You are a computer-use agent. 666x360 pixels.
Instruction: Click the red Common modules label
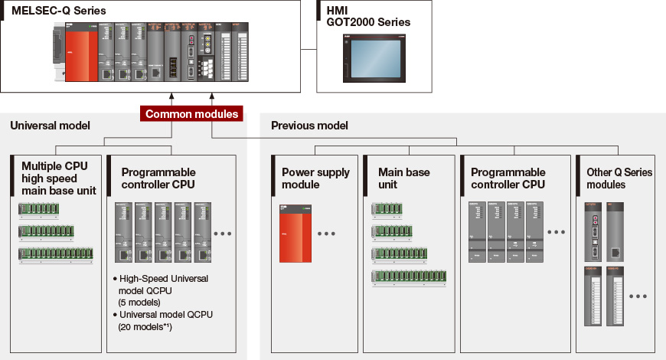[191, 114]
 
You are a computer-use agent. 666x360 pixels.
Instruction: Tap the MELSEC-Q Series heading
[58, 11]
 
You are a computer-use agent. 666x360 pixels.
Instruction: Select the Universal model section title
[50, 125]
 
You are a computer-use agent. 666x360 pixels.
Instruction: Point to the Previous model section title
[309, 125]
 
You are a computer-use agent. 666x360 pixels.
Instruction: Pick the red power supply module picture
[295, 234]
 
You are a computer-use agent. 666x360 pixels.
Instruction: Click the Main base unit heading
[404, 178]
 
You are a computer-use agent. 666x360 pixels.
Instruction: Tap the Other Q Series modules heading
[619, 178]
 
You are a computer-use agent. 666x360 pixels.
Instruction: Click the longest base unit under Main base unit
[409, 277]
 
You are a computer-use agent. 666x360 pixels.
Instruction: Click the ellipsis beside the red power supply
[327, 234]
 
